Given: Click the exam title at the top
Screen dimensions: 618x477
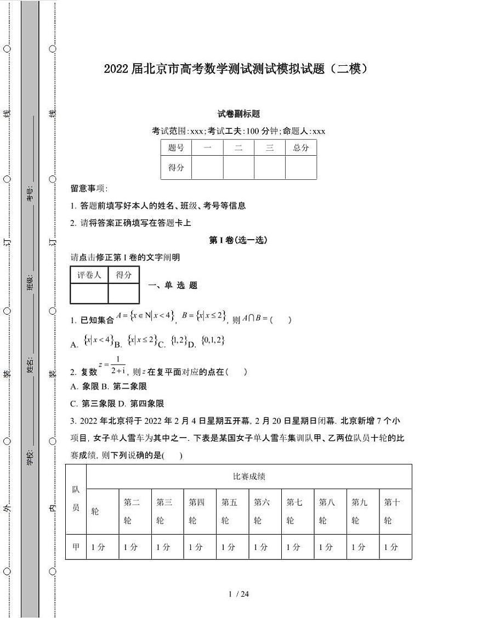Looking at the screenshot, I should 235,69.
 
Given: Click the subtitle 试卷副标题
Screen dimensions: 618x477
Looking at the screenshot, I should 238,114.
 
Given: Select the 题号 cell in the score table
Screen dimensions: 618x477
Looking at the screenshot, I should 176,148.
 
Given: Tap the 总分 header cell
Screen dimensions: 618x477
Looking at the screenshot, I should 300,148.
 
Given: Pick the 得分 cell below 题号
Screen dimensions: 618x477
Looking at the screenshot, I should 176,168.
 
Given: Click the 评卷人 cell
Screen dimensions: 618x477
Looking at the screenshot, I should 89,275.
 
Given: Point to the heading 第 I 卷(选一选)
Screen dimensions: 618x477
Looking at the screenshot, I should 238,240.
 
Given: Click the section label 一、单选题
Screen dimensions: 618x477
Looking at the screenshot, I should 173,285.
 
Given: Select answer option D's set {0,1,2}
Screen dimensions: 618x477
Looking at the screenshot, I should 213,341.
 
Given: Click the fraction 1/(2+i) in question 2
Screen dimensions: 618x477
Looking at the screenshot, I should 117,366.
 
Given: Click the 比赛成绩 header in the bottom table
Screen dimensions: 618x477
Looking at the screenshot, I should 249,477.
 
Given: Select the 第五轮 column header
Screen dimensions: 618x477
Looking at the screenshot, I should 229,511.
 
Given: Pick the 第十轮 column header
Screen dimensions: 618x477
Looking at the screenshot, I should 391,511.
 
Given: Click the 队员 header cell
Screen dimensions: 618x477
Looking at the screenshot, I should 76,498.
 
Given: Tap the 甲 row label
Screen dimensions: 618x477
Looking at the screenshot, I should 76,547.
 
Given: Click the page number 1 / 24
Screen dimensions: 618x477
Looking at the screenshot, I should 238,594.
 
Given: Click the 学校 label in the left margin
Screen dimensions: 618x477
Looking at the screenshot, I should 30,457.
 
